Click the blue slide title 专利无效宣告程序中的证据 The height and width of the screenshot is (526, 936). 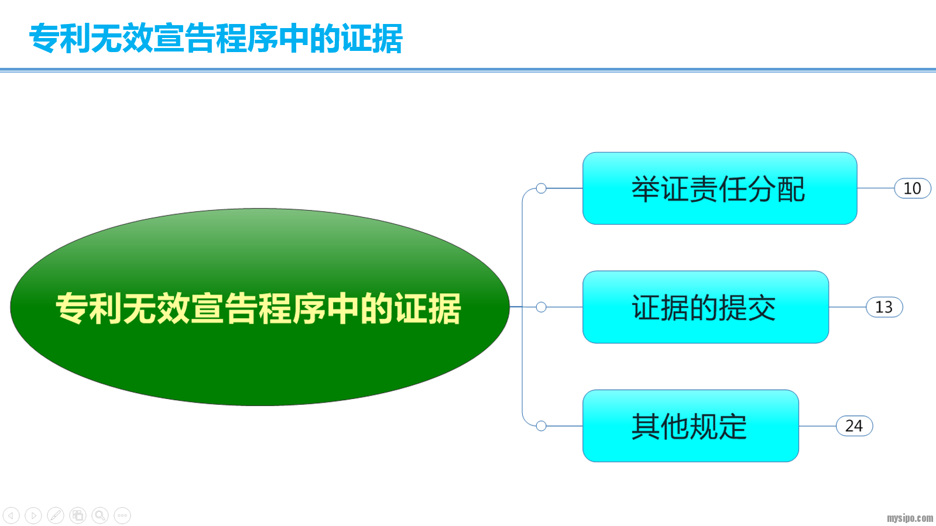click(215, 39)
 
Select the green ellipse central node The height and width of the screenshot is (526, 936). click(260, 307)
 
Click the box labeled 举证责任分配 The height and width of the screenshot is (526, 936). click(719, 188)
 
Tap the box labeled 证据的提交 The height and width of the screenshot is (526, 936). click(705, 307)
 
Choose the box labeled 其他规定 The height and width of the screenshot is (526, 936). click(690, 426)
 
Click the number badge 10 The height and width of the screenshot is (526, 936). click(913, 188)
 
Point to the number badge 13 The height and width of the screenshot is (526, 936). click(884, 307)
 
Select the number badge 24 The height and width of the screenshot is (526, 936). click(854, 426)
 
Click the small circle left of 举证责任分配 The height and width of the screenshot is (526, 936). click(541, 188)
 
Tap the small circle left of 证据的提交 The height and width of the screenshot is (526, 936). click(541, 307)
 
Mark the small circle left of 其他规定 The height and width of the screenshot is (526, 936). click(541, 426)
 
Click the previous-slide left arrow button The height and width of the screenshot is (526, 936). click(11, 515)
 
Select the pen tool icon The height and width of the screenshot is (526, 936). click(56, 515)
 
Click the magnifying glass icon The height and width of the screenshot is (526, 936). click(100, 515)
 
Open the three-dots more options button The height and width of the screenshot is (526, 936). click(122, 515)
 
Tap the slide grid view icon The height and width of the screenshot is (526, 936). click(78, 515)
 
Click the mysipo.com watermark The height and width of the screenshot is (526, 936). click(910, 518)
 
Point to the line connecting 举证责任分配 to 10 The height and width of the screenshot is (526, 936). click(876, 188)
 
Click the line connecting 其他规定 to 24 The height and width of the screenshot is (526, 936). click(817, 426)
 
